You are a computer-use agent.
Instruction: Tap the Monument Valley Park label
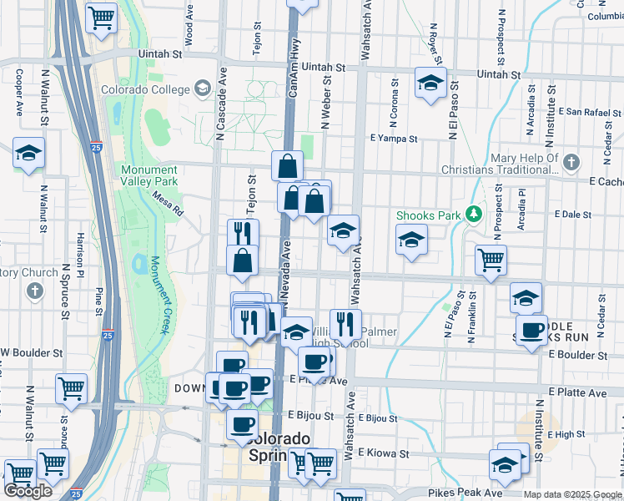click(148, 175)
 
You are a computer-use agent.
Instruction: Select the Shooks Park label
click(429, 215)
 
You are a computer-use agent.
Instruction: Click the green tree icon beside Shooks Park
click(473, 215)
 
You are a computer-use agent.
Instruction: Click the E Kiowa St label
click(383, 454)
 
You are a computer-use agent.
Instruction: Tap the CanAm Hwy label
click(294, 72)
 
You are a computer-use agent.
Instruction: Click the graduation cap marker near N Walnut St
click(28, 153)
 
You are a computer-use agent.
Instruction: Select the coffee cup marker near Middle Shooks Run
click(531, 331)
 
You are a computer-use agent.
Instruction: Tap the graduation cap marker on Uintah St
click(430, 83)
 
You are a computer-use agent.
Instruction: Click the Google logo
click(28, 491)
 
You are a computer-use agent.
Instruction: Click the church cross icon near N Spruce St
click(34, 291)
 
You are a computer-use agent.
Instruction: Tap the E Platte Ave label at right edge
click(577, 392)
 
